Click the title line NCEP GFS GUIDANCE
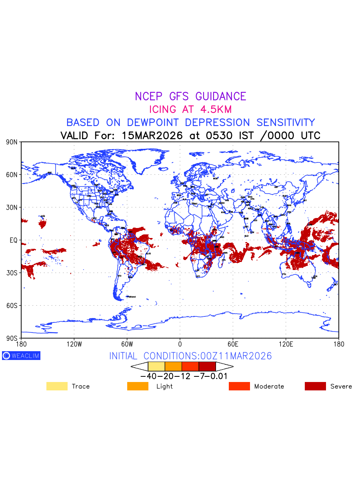190,96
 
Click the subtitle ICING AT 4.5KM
190,109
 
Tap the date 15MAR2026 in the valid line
152,136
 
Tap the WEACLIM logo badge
21,356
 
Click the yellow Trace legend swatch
57,386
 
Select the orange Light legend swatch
138,386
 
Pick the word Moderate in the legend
269,386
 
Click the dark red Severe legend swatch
315,386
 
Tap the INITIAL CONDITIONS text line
190,356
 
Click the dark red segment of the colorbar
207,366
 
